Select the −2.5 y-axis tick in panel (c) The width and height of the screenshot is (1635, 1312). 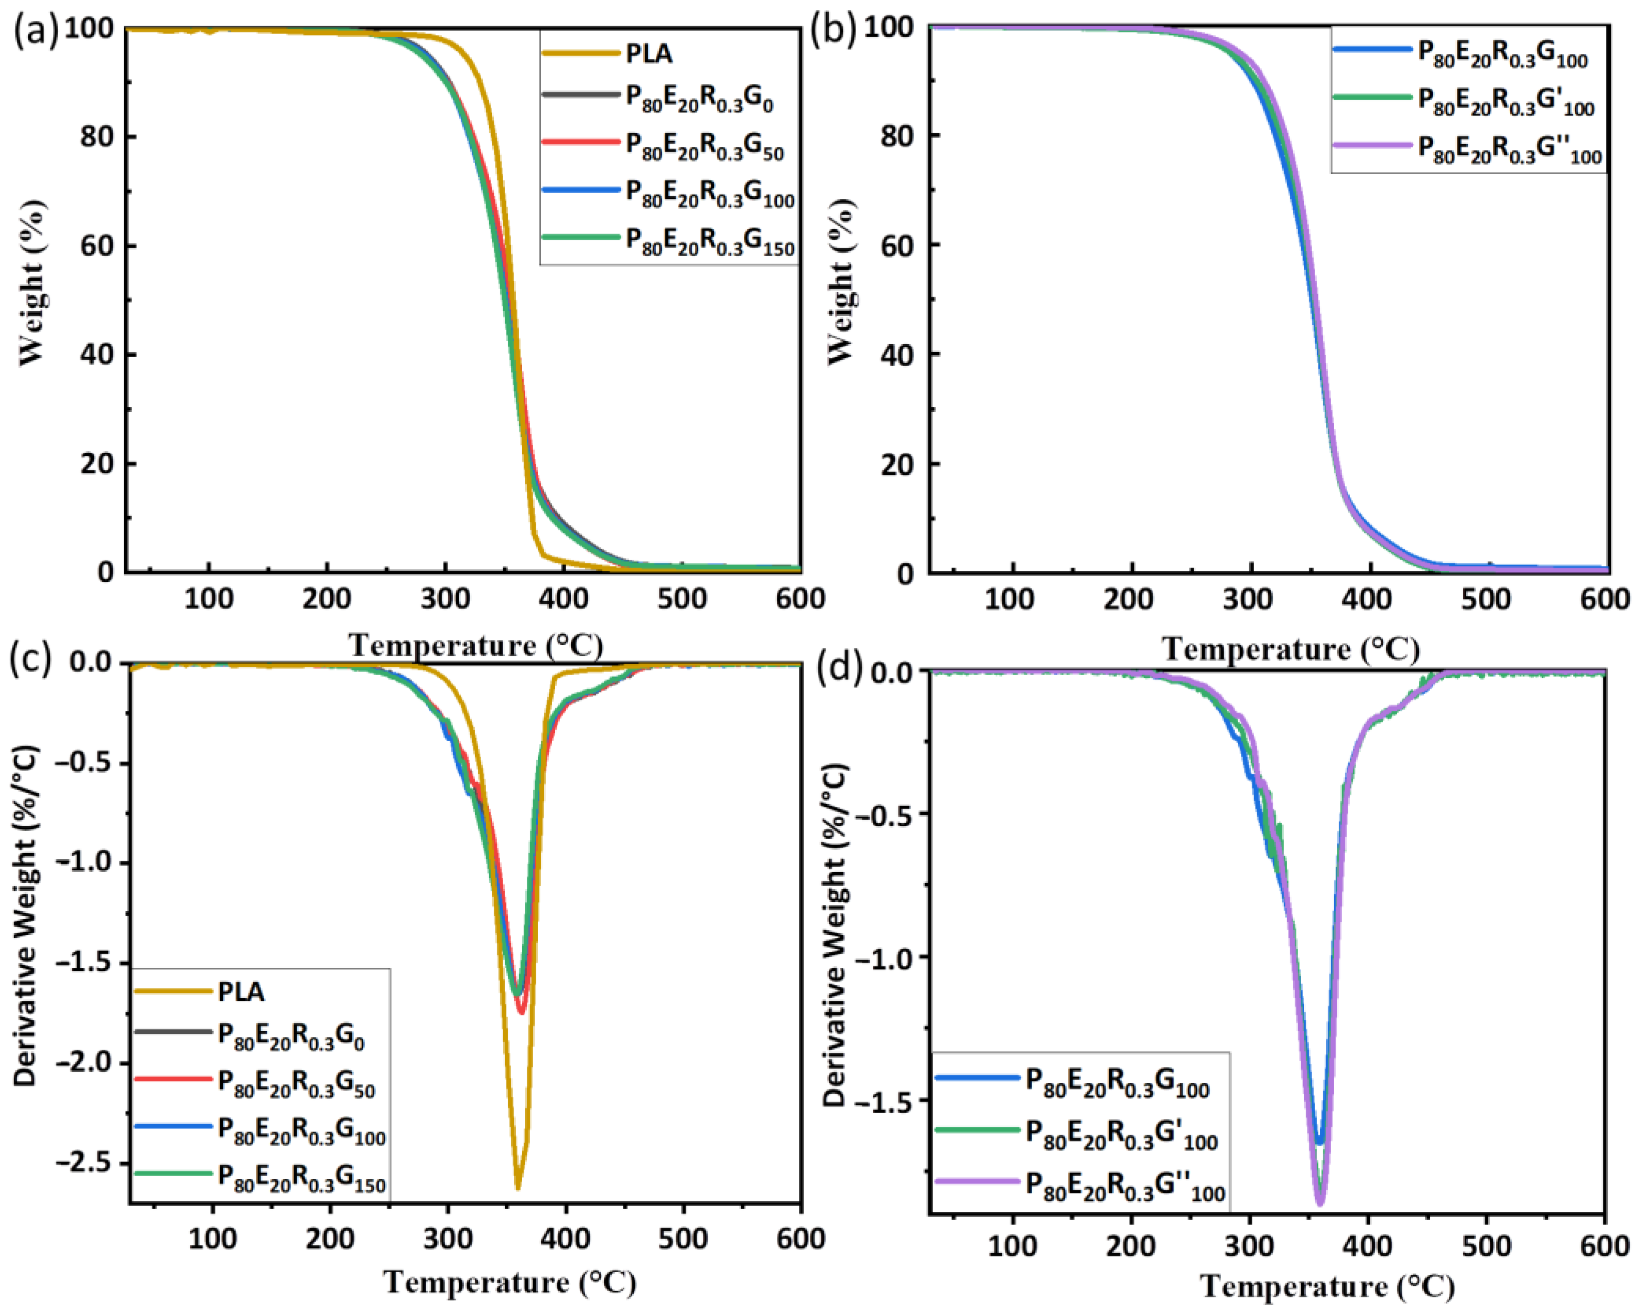[x=85, y=1163]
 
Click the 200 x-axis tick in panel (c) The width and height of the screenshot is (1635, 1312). [x=330, y=1239]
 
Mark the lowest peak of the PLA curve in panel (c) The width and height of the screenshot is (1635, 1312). [x=518, y=1188]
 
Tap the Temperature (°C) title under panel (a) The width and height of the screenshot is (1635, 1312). [x=475, y=646]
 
